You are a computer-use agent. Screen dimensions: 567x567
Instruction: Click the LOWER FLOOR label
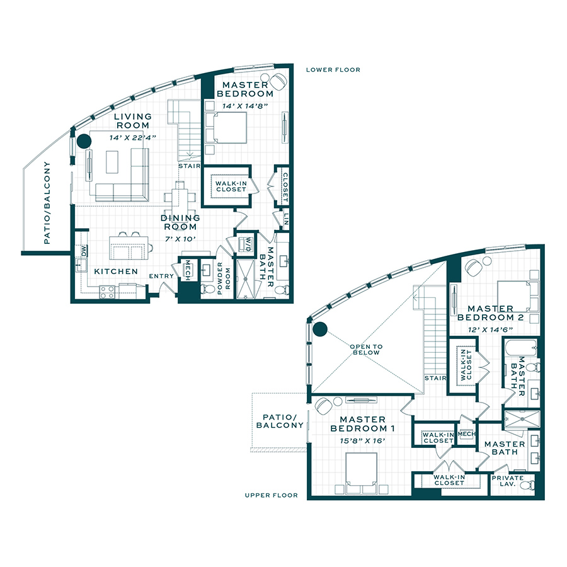point(333,70)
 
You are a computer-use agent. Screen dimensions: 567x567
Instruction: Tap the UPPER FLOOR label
point(271,495)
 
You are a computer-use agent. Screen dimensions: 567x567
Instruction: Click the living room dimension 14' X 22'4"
point(133,138)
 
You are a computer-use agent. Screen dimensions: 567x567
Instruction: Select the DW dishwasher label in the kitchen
point(84,251)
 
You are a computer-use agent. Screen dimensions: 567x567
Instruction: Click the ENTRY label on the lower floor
point(161,277)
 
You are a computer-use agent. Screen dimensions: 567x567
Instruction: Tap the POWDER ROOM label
point(224,278)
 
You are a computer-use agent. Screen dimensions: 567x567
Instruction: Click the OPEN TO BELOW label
point(366,350)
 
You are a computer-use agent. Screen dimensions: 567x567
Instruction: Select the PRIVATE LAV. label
point(508,481)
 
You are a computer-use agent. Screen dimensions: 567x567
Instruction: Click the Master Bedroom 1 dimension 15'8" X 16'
point(362,441)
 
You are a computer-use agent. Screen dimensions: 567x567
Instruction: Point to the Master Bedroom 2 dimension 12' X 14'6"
point(490,329)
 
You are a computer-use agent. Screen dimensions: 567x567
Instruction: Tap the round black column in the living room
point(84,141)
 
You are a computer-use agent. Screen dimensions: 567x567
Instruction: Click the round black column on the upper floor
point(320,329)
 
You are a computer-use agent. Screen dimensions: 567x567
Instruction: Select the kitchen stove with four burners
point(107,292)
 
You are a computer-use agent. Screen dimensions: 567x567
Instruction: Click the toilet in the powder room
point(207,289)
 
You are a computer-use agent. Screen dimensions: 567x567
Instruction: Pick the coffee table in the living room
point(112,162)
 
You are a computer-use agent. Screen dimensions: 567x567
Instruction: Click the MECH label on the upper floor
point(466,433)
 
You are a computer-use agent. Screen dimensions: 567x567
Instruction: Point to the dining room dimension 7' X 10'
point(180,239)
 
